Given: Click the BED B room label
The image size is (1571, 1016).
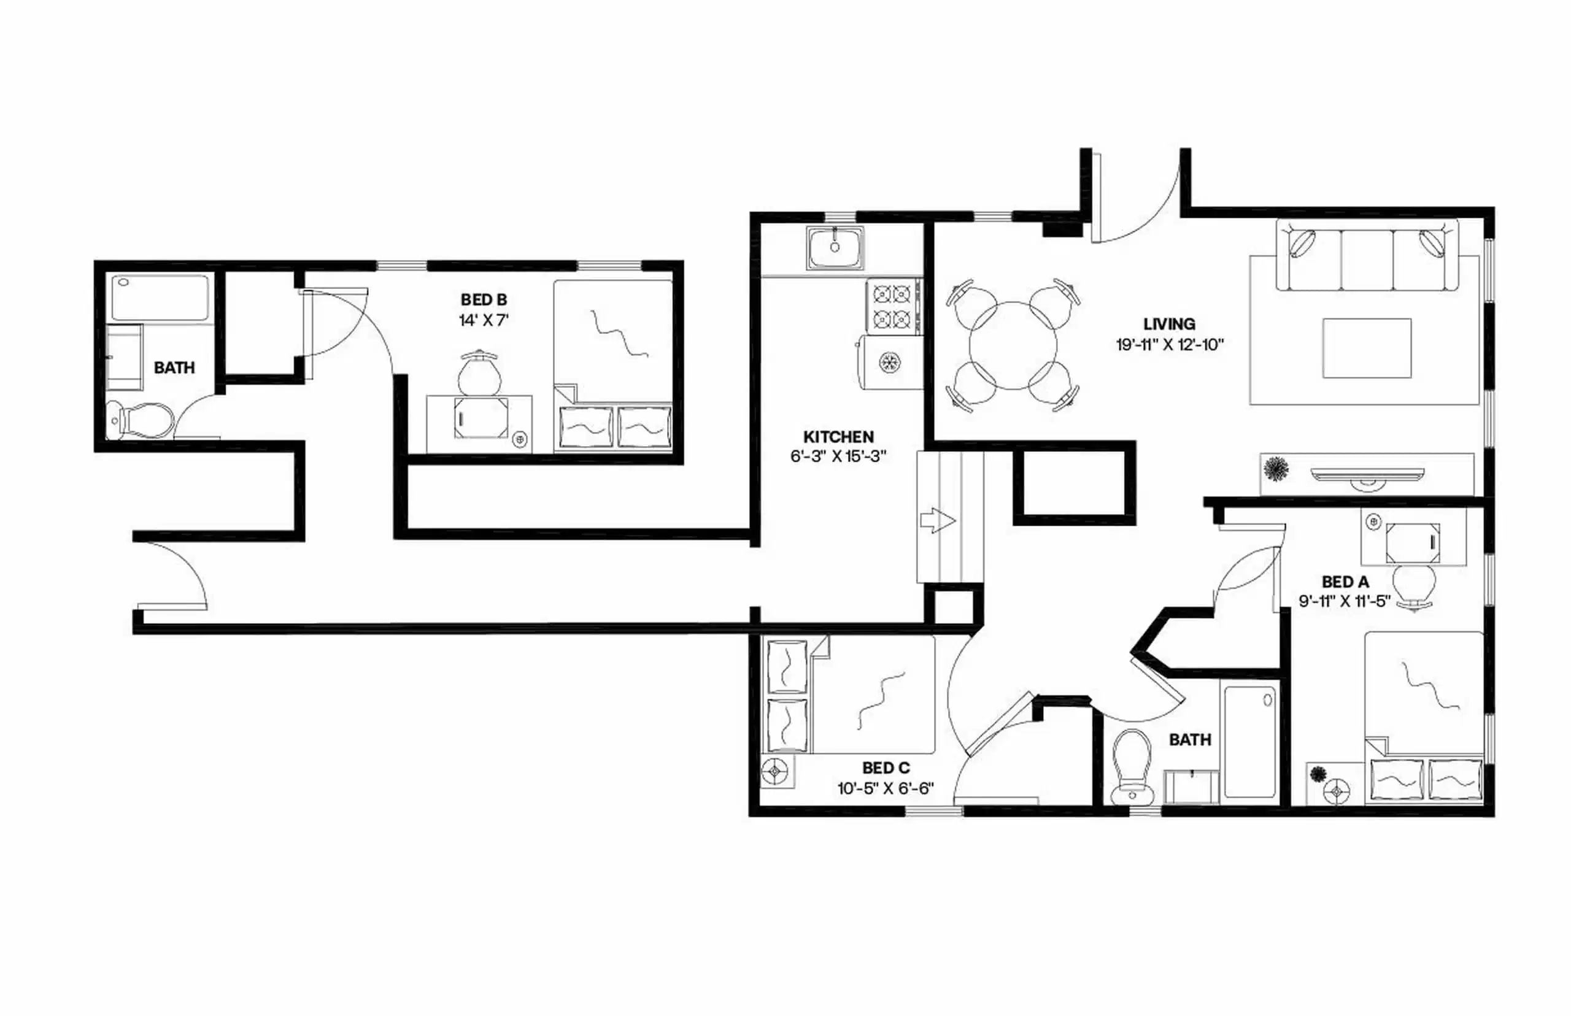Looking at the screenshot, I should point(484,299).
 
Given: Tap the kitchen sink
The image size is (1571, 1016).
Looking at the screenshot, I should point(835,248).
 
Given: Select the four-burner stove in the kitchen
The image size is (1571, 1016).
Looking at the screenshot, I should point(893,306).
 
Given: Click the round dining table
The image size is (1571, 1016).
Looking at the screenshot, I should point(1012,345).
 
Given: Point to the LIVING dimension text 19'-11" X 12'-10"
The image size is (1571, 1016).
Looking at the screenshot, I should point(1169,344).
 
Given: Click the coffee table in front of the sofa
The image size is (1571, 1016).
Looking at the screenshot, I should point(1367,348).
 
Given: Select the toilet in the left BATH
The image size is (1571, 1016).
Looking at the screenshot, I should point(142,420).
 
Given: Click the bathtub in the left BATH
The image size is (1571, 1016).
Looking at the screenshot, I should point(160,298).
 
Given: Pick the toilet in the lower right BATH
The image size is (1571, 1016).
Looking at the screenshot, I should point(1131,765).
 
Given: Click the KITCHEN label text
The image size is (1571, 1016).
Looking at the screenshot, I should point(838,437).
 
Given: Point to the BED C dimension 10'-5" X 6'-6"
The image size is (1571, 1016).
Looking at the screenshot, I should point(886,788).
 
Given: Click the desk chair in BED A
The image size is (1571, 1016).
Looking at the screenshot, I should point(1413,584).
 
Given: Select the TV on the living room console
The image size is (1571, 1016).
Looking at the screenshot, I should point(1367,474).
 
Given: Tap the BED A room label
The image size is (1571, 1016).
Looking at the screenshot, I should point(1345,582).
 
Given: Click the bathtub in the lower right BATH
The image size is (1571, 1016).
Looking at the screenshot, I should point(1249,741).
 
